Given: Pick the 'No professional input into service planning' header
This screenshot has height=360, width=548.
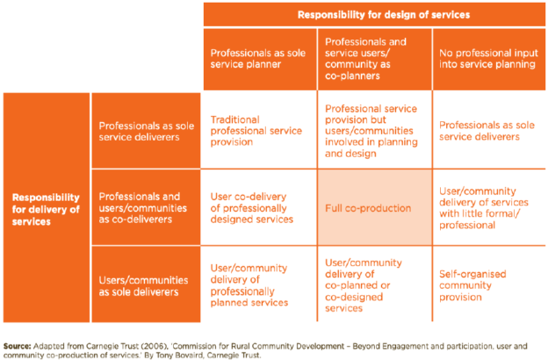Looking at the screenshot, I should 488,58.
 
